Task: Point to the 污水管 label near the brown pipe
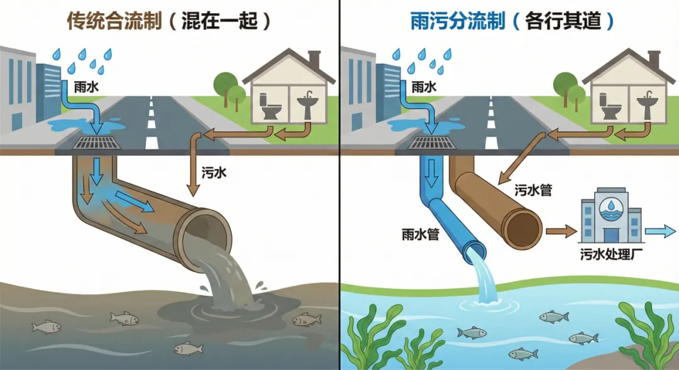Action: click(533, 190)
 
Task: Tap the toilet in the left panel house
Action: click(272, 106)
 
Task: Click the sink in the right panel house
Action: click(646, 105)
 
